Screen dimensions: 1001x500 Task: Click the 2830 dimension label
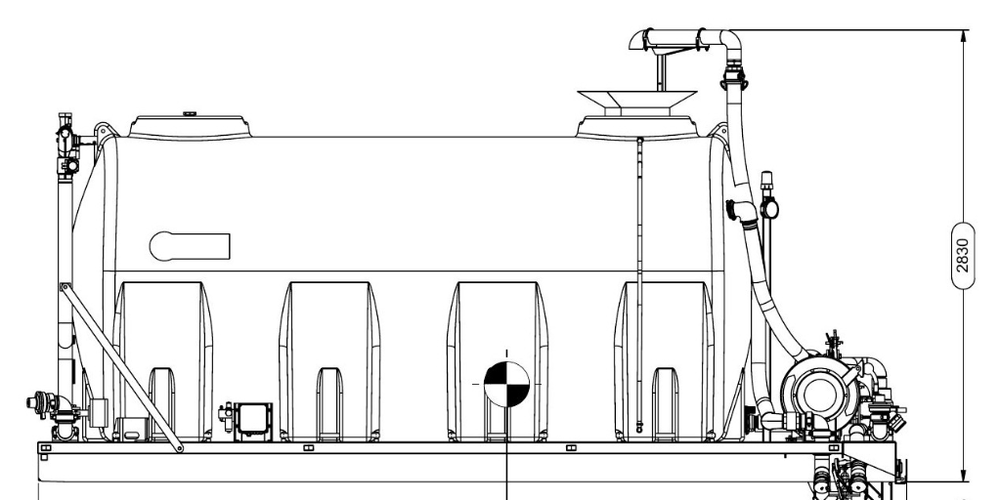(963, 255)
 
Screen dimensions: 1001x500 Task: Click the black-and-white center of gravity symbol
(507, 384)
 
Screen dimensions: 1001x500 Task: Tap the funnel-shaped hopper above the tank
(637, 100)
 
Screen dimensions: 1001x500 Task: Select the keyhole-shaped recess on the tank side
(190, 246)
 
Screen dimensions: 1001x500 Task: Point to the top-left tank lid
(190, 126)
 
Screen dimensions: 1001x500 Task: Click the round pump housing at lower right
(820, 393)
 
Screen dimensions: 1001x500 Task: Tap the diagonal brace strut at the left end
(121, 367)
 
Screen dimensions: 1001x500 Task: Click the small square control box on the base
(253, 422)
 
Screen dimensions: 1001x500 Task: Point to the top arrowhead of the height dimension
(963, 36)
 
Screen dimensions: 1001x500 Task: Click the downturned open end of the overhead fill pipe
(636, 40)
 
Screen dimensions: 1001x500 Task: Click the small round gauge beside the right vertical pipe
(768, 209)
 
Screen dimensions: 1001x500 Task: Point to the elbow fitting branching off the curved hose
(742, 213)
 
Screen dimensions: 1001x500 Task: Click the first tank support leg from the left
(162, 361)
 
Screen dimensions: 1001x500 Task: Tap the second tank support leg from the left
(329, 361)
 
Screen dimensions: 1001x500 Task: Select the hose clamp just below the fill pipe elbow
(734, 78)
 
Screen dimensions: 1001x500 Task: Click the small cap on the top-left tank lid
(190, 114)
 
